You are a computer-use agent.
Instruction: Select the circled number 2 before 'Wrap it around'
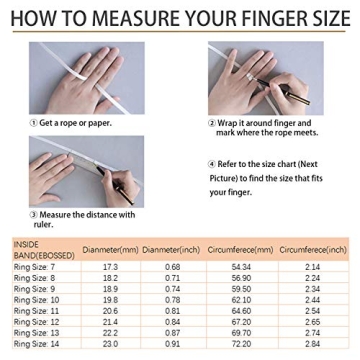211,122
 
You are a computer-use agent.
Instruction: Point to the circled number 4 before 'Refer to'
211,162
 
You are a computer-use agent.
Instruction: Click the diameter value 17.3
110,267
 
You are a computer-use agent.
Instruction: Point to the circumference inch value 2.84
312,344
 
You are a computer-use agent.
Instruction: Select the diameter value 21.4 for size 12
110,322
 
